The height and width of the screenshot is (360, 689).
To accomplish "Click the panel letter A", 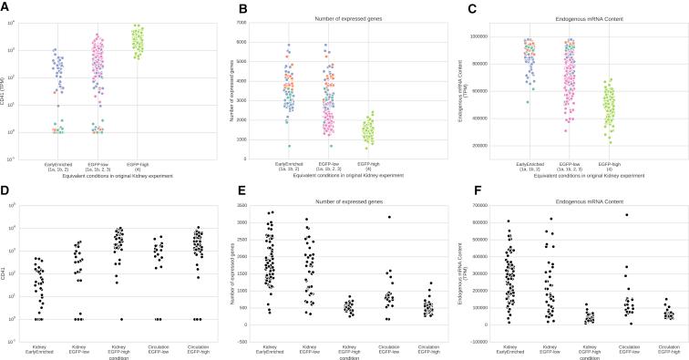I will click(5, 8).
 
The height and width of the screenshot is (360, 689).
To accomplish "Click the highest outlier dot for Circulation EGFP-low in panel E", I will click(389, 217).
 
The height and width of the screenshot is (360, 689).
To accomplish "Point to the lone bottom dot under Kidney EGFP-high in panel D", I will click(121, 319).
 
